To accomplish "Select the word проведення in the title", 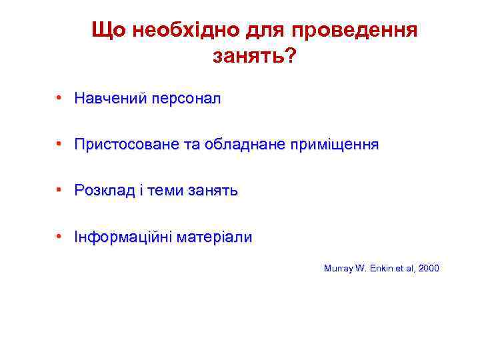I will pos(356,30).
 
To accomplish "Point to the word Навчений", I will pos(111,99).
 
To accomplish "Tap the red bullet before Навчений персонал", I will pos(60,99).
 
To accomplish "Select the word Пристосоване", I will pos(123,145).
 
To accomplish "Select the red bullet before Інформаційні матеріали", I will pos(60,237).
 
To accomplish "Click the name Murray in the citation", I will pos(337,269).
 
